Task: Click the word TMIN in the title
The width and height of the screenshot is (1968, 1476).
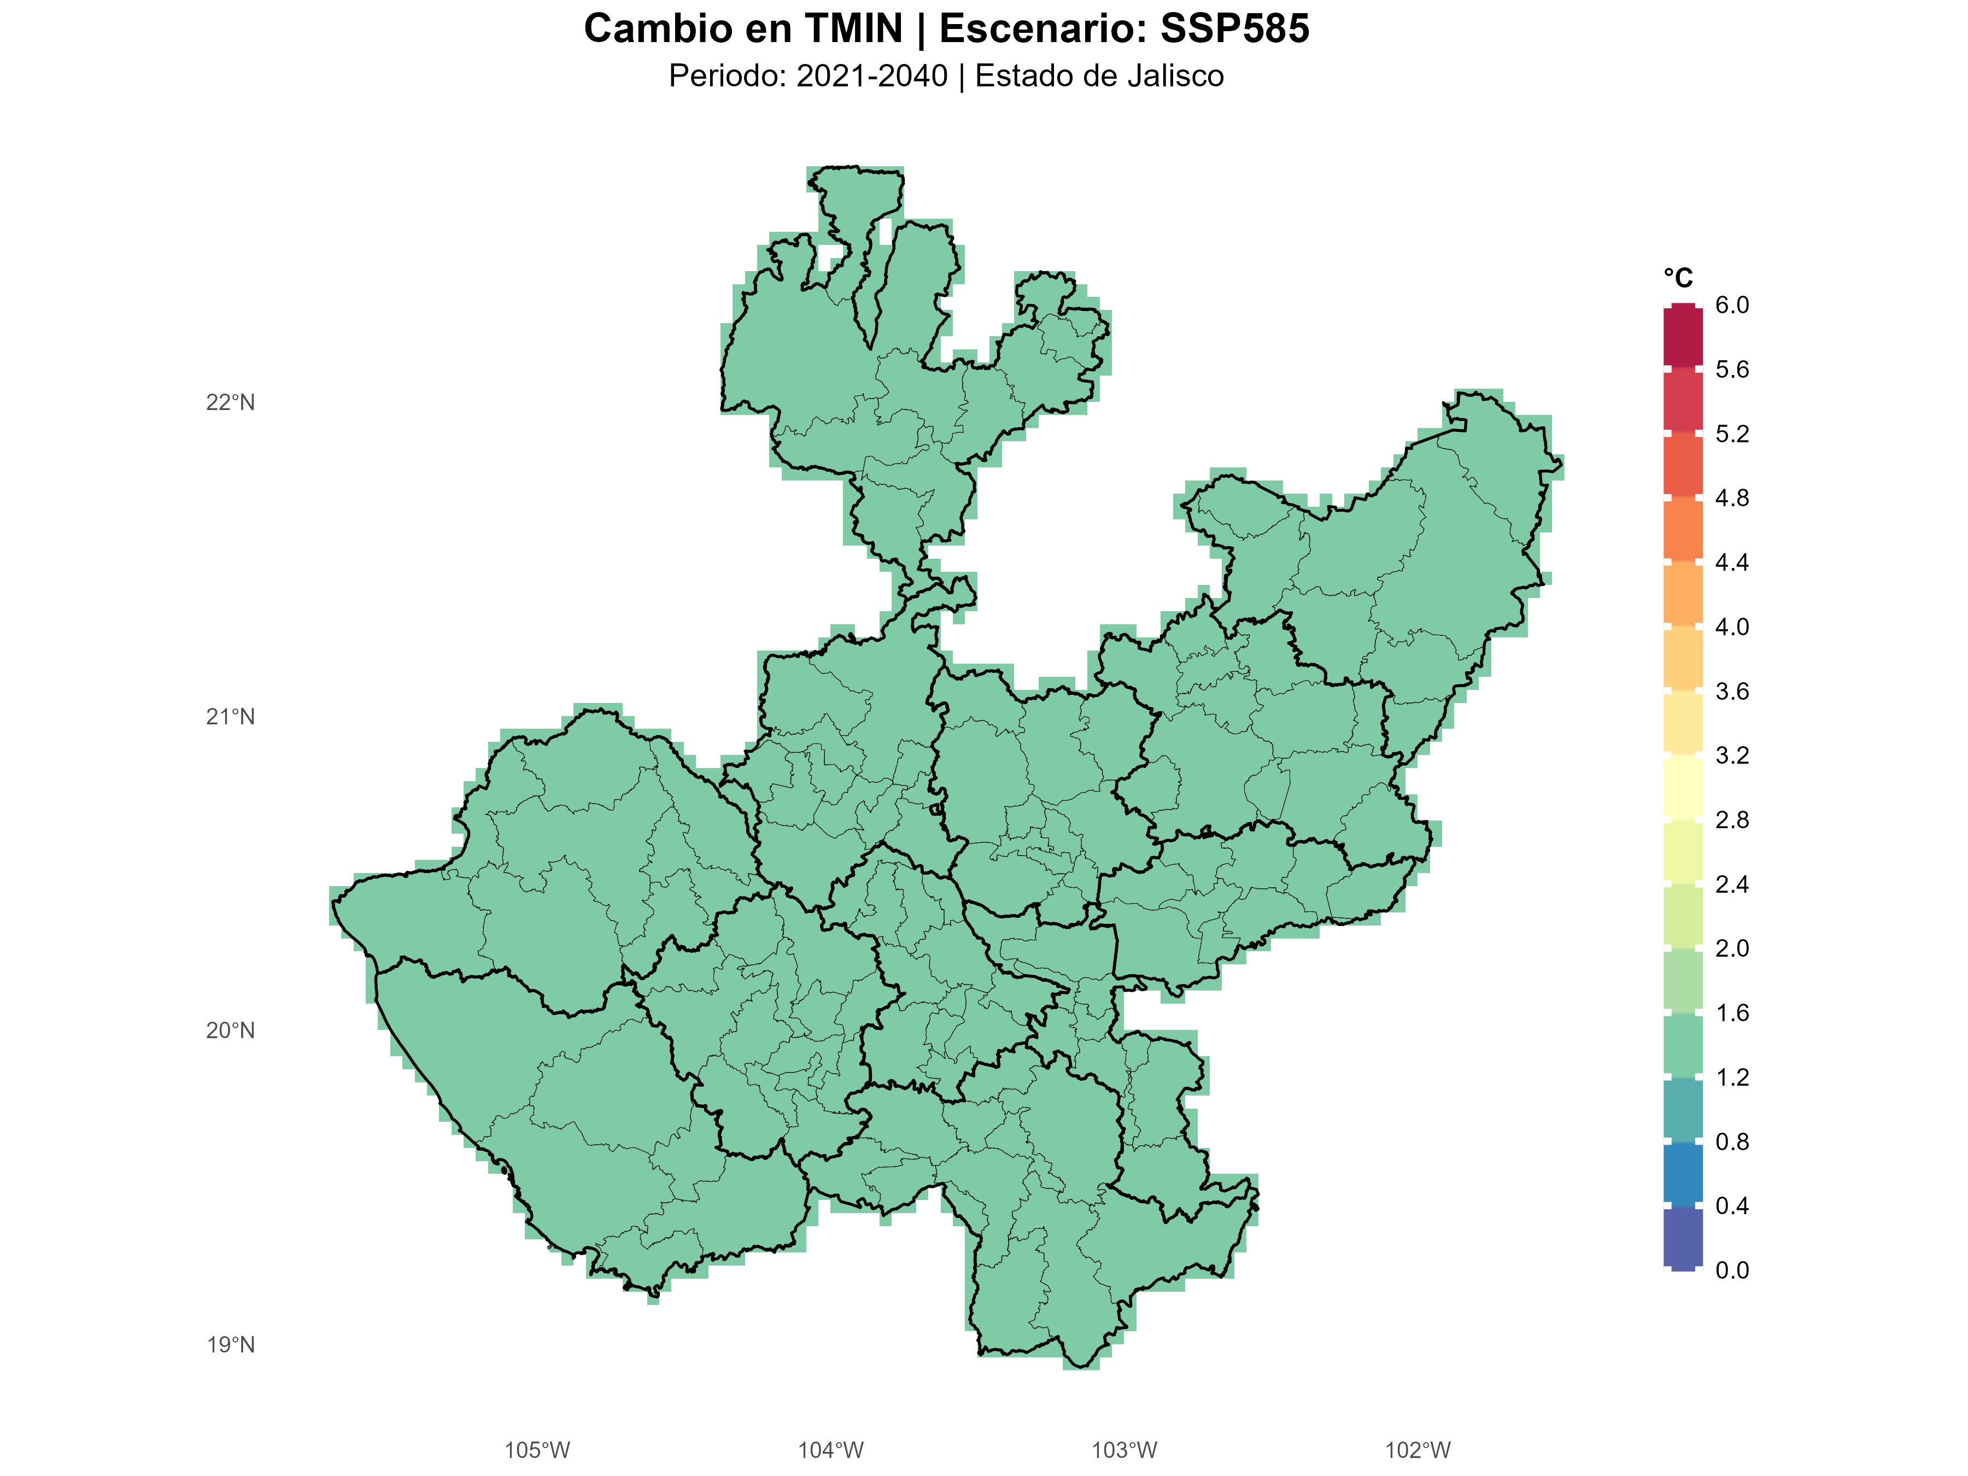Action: (853, 28)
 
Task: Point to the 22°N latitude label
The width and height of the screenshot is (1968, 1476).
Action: (231, 403)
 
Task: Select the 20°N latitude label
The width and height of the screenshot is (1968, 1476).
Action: (231, 1031)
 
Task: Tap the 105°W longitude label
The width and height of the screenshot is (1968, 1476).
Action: (536, 1451)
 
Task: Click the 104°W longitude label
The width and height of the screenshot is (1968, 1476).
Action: (830, 1451)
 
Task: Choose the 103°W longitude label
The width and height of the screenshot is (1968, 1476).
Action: (1124, 1451)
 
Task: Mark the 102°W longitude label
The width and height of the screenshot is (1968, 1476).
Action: (1418, 1451)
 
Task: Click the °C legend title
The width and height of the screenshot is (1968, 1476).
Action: (1678, 278)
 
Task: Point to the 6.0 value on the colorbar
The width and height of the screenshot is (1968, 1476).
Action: (1731, 305)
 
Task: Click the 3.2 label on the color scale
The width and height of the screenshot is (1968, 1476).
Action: (1731, 755)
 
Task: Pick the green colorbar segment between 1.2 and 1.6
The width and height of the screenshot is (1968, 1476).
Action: (1683, 1045)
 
